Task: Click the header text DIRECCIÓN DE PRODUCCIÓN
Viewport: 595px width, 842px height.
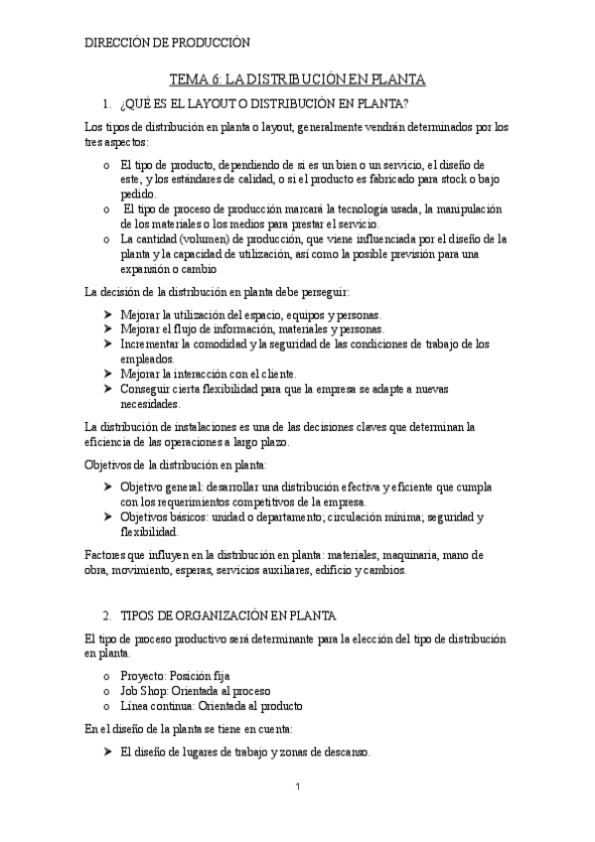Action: click(x=168, y=43)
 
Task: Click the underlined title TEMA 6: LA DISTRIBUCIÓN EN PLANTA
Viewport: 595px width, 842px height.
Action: click(x=297, y=79)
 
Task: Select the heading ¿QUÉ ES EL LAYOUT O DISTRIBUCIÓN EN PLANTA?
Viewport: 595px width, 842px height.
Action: click(x=263, y=103)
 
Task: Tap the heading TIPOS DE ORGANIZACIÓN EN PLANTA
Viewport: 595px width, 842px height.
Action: click(x=227, y=615)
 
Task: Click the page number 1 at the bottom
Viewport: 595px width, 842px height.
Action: click(x=297, y=786)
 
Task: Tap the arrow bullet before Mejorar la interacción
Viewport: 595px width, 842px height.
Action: click(x=108, y=374)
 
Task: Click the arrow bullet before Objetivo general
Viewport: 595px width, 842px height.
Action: click(x=108, y=488)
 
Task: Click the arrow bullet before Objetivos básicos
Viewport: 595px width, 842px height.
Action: click(x=108, y=516)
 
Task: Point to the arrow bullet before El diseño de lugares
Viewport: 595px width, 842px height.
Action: click(x=108, y=752)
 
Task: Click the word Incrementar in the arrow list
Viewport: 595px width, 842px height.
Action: click(x=150, y=344)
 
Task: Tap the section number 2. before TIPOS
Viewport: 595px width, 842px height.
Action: click(x=108, y=615)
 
